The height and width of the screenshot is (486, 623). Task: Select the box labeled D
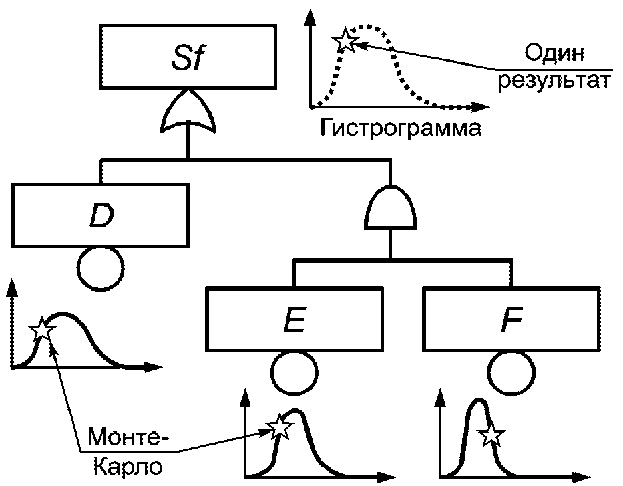100,215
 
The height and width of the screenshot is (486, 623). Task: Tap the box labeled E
294,320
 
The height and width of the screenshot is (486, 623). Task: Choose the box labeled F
509,320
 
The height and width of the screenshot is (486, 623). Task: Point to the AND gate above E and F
391,207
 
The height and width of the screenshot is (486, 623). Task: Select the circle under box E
294,371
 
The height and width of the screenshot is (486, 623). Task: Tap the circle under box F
509,371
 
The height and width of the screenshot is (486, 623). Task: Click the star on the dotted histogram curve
345,41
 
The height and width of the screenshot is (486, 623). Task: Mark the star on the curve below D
42,329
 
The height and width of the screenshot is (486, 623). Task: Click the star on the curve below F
491,435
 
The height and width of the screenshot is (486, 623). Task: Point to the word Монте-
126,440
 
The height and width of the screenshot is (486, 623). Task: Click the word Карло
126,465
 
